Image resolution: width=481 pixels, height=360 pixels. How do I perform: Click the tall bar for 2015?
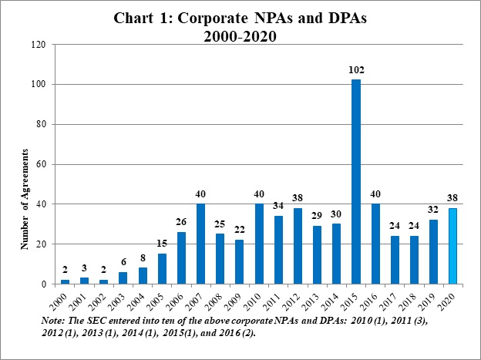pos(356,182)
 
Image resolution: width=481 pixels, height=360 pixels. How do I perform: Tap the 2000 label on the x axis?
pos(65,299)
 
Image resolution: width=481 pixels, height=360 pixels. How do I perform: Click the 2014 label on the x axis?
pos(337,299)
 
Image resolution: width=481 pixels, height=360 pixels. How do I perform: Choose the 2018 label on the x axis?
pos(415,299)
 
